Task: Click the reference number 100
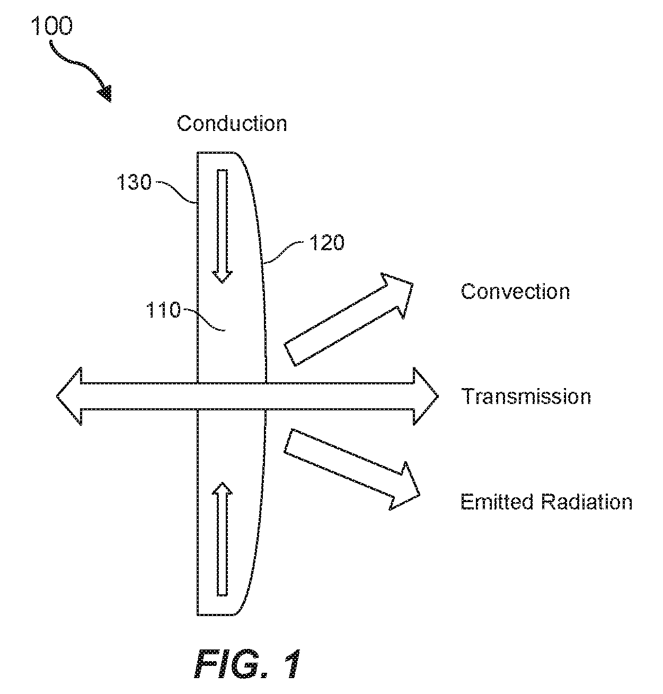tap(52, 26)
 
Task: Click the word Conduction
tap(232, 124)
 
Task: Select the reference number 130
tap(134, 182)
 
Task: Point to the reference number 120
tap(327, 243)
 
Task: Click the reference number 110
tap(163, 310)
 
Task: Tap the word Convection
tap(515, 292)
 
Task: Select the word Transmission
tap(526, 396)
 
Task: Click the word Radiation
tap(587, 502)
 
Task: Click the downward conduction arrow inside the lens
tap(222, 226)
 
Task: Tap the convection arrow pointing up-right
tap(349, 320)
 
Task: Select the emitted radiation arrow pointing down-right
tap(352, 469)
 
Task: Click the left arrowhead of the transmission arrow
tap(69, 396)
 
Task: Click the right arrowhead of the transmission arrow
tap(426, 396)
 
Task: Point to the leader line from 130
tap(175, 192)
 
